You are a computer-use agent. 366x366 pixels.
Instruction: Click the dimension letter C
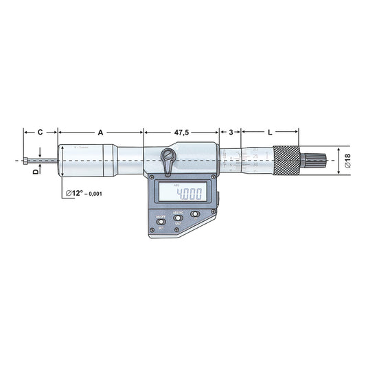point(40,130)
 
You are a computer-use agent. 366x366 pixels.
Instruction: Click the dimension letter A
point(101,130)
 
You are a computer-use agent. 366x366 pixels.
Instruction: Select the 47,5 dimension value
point(181,130)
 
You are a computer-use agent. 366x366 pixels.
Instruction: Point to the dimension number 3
point(231,130)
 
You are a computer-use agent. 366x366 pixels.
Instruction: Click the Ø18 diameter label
point(347,161)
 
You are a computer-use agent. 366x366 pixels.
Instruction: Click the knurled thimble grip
point(287,161)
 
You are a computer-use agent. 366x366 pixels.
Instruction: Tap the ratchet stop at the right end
point(310,161)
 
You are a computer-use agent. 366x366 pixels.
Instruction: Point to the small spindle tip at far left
point(25,161)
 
